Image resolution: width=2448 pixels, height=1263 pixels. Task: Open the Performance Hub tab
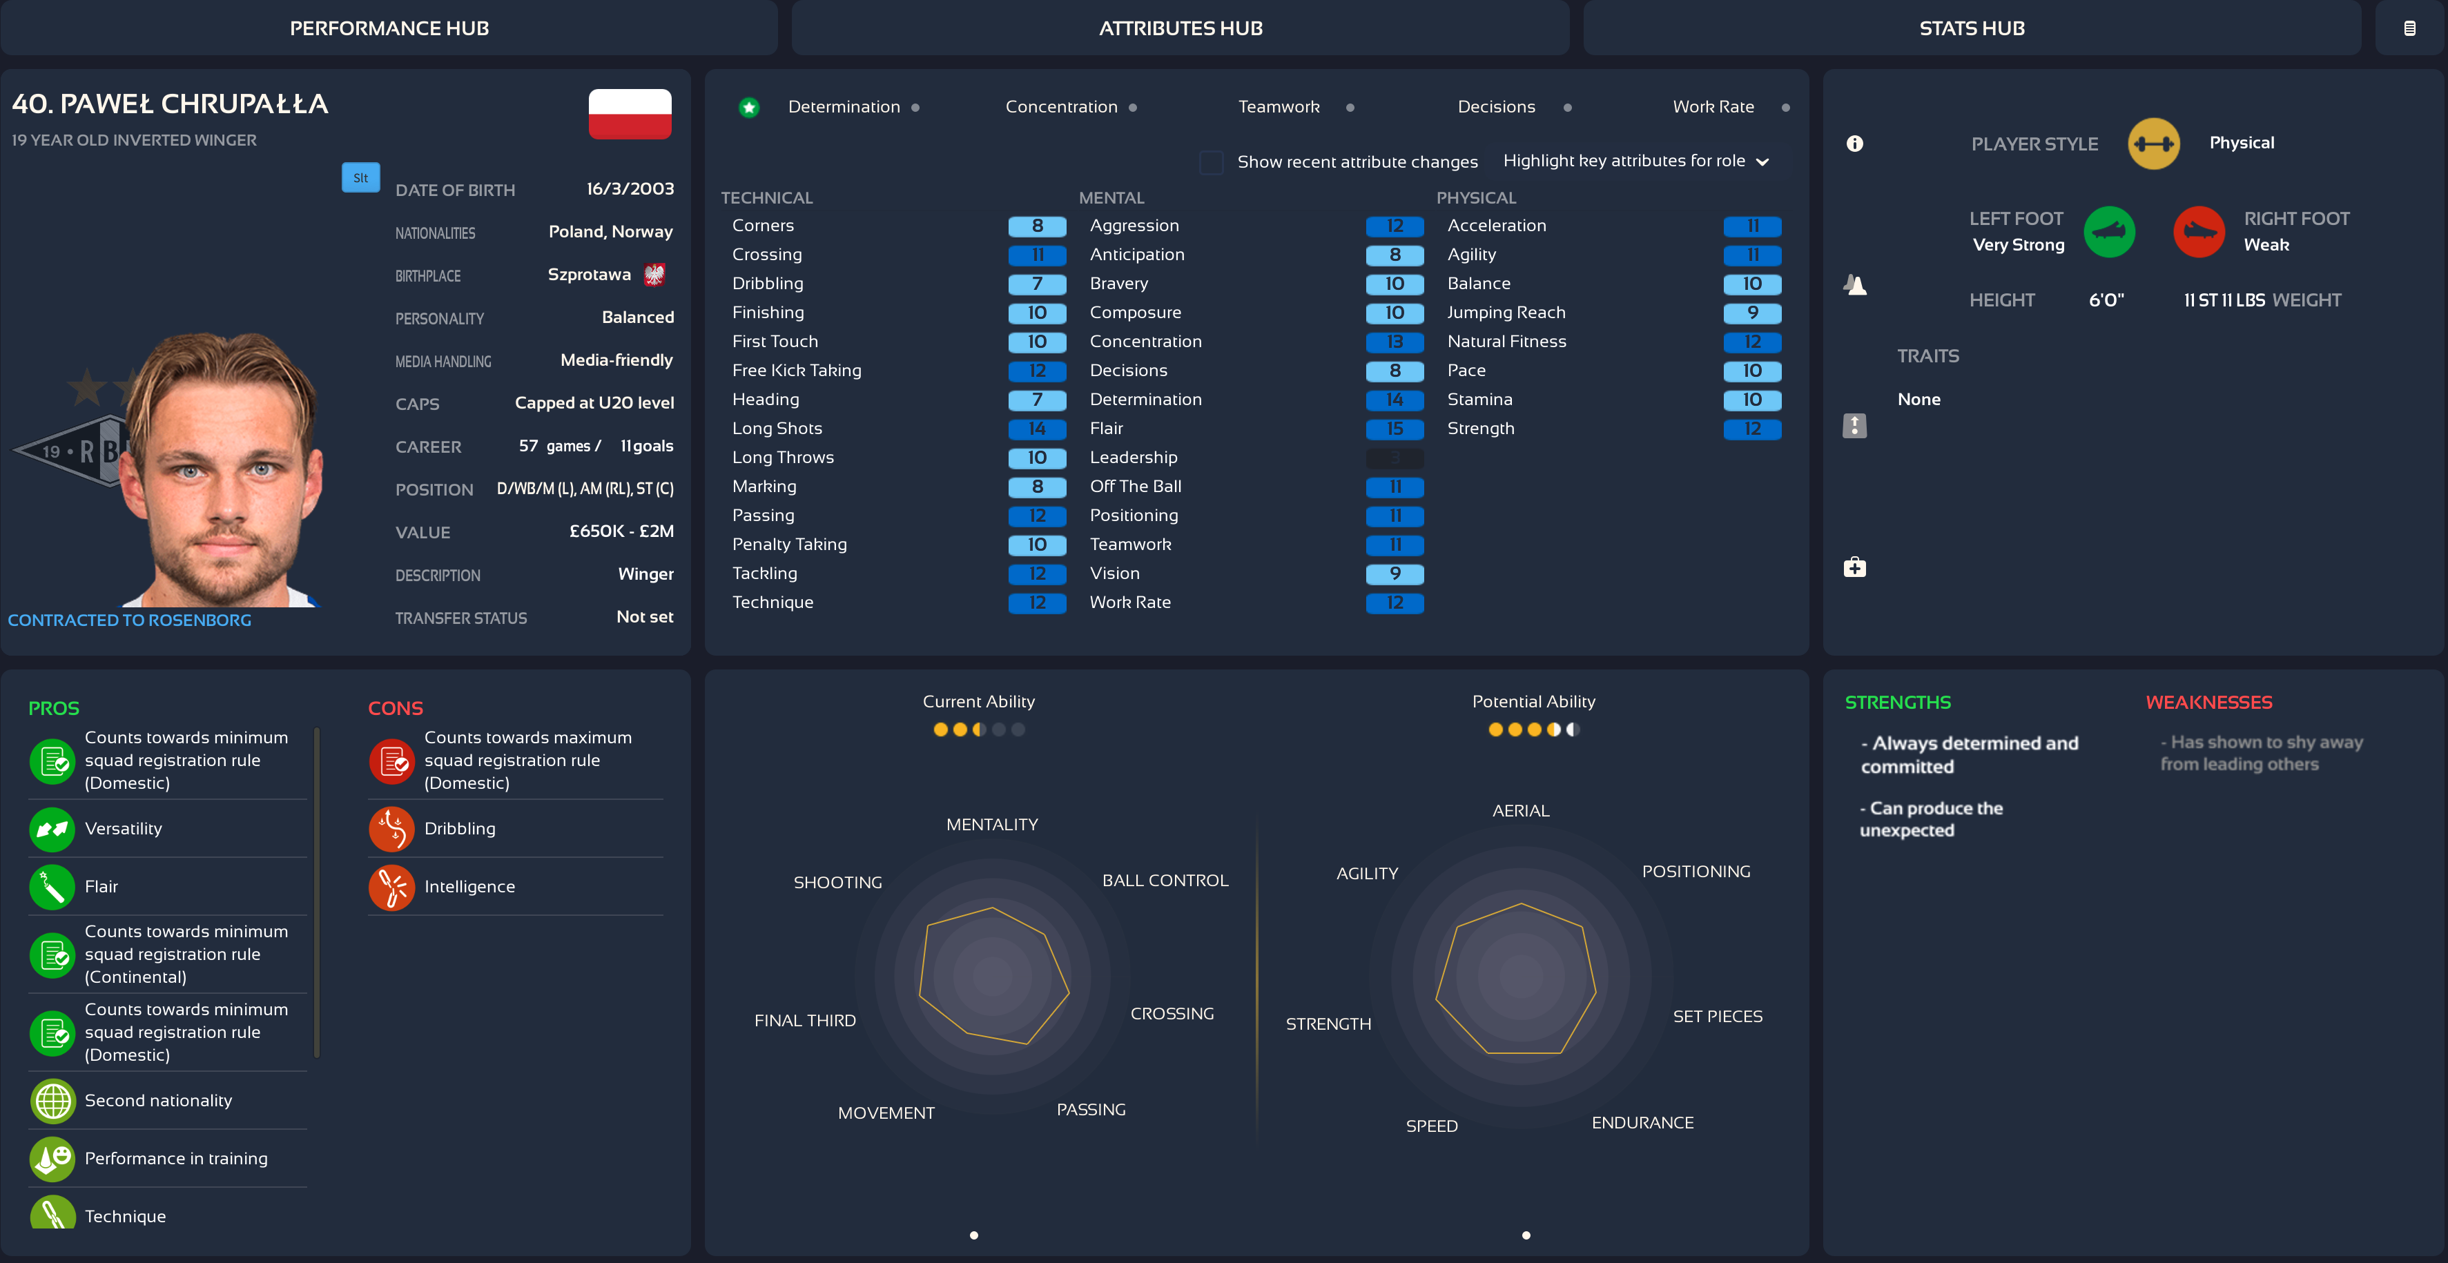pyautogui.click(x=389, y=28)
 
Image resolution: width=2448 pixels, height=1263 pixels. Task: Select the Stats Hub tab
pyautogui.click(x=1971, y=28)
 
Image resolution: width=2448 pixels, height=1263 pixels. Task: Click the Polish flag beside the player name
pyautogui.click(x=629, y=114)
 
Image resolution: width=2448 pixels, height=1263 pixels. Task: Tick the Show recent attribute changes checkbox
pyautogui.click(x=1211, y=162)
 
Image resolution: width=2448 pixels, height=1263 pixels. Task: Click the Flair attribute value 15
pyautogui.click(x=1394, y=429)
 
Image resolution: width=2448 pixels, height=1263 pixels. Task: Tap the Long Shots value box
pyautogui.click(x=1037, y=429)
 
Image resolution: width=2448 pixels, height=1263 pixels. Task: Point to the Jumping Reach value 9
pyautogui.click(x=1751, y=313)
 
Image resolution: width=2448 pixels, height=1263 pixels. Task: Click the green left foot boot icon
pyautogui.click(x=2109, y=232)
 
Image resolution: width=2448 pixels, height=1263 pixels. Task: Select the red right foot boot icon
pyautogui.click(x=2198, y=232)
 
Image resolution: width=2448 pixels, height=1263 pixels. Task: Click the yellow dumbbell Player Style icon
pyautogui.click(x=2153, y=144)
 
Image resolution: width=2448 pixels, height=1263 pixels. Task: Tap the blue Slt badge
pyautogui.click(x=360, y=177)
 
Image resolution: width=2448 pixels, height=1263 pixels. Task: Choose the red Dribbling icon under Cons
pyautogui.click(x=391, y=830)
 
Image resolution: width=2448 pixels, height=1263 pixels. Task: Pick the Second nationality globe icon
pyautogui.click(x=53, y=1102)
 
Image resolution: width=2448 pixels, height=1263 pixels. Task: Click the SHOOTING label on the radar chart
pyautogui.click(x=837, y=883)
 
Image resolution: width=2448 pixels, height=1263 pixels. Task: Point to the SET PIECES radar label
pyautogui.click(x=1717, y=1017)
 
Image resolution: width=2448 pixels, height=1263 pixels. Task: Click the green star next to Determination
pyautogui.click(x=749, y=108)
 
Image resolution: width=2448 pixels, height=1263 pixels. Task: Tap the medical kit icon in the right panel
pyautogui.click(x=1854, y=568)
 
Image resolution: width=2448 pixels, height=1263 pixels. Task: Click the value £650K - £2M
pyautogui.click(x=621, y=531)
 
